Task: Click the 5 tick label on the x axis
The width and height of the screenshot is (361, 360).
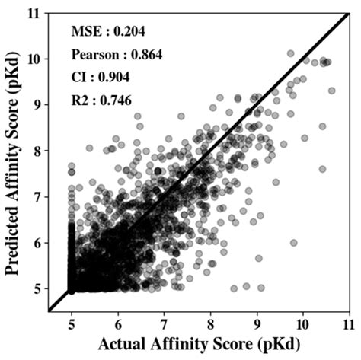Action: [72, 323]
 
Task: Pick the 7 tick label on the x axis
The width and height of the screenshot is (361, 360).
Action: [165, 323]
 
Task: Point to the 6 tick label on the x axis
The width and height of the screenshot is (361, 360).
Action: [118, 323]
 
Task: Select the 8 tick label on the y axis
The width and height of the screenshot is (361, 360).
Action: [38, 151]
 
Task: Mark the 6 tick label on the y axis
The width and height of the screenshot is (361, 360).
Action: [38, 244]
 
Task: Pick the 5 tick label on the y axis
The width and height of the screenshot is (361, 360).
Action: [38, 290]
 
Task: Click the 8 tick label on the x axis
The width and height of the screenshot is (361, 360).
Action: [211, 323]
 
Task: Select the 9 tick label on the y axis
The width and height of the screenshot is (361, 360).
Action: [38, 104]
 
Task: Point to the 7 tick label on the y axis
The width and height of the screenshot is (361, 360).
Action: [38, 197]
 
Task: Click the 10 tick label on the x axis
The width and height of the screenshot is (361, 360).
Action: [303, 323]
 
